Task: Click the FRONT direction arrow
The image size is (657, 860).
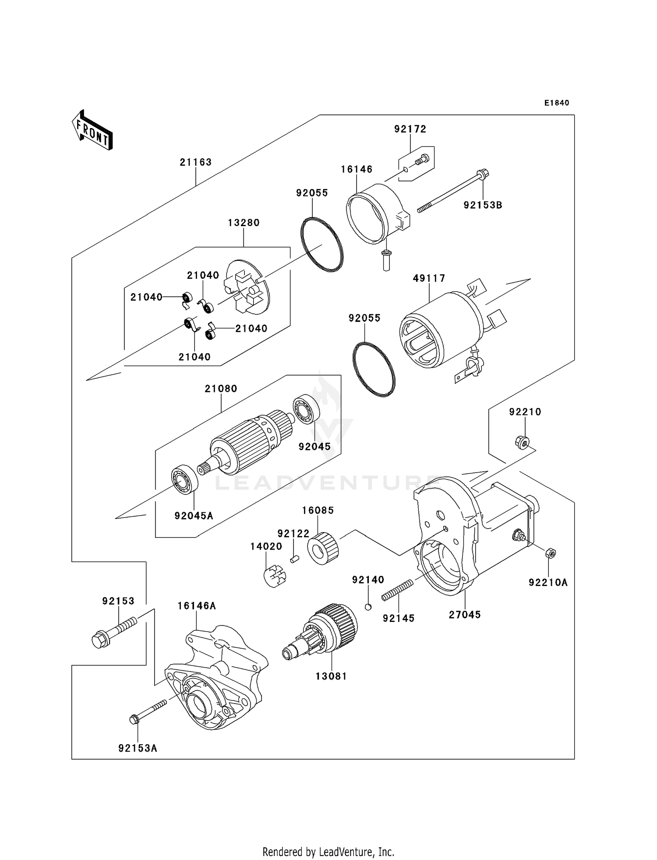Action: click(x=92, y=130)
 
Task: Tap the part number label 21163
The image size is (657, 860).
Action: click(x=195, y=162)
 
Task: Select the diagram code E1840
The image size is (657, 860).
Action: click(x=557, y=103)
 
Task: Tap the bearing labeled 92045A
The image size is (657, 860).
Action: click(x=184, y=479)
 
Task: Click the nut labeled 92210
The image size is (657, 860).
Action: click(x=522, y=441)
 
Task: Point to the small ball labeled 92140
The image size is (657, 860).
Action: click(x=368, y=607)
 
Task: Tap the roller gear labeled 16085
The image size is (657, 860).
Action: click(x=323, y=548)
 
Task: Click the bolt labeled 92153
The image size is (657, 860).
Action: click(x=113, y=630)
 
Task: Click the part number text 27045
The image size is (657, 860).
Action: click(x=465, y=615)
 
